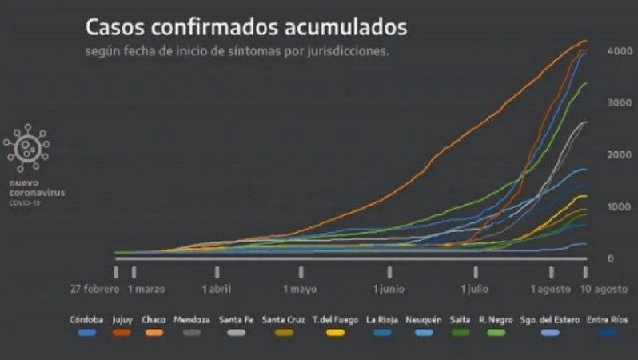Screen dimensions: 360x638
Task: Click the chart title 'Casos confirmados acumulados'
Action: tap(246, 28)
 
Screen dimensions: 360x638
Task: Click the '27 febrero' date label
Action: tap(94, 289)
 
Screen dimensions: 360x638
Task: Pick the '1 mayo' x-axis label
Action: tap(299, 289)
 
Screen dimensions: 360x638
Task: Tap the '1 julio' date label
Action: tap(474, 289)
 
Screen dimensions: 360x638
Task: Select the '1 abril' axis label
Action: tap(216, 289)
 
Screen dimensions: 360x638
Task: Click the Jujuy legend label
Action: tap(122, 319)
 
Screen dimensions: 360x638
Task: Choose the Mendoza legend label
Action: tap(192, 319)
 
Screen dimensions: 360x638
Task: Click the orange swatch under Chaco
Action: tap(155, 332)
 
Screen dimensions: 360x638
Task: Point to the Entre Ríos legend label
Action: tap(608, 319)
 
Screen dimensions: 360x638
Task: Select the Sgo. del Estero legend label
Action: tap(549, 319)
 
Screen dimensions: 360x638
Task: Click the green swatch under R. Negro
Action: tap(496, 332)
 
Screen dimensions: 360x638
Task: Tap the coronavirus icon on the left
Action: tap(27, 147)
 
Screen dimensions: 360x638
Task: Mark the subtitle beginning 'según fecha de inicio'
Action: tap(238, 51)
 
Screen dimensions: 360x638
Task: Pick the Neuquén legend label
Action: tap(424, 319)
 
